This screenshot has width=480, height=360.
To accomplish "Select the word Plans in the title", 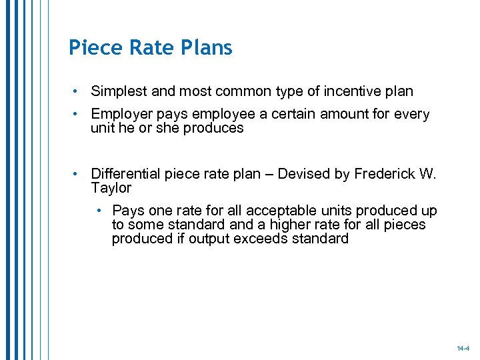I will pyautogui.click(x=206, y=48).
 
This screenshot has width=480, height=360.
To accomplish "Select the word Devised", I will pyautogui.click(x=303, y=175).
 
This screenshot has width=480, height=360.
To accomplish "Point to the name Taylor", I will pyautogui.click(x=111, y=188).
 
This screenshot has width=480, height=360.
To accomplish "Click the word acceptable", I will pyautogui.click(x=248, y=211).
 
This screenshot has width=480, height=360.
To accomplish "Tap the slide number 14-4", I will pyautogui.click(x=463, y=349).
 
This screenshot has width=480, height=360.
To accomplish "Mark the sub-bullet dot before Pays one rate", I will pyautogui.click(x=99, y=211).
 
